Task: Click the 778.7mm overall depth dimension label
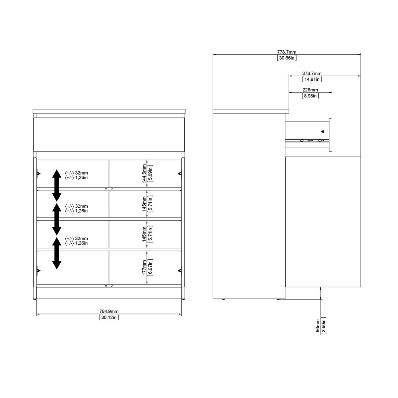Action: [x=287, y=52]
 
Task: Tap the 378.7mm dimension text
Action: [x=312, y=73]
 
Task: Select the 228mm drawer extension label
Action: [x=310, y=90]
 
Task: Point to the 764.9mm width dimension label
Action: [x=109, y=311]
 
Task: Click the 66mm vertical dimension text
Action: [x=318, y=325]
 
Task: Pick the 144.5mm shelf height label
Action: [x=144, y=173]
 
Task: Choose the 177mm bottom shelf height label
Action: [x=144, y=267]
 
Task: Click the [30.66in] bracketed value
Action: [x=287, y=58]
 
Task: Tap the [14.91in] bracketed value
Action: [x=312, y=79]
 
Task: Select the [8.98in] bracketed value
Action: [x=310, y=96]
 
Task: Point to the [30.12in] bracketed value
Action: [x=109, y=317]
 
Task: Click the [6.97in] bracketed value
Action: [x=150, y=267]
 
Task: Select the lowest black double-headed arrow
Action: [x=57, y=253]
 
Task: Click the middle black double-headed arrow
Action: [x=57, y=219]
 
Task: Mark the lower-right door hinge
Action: [x=180, y=271]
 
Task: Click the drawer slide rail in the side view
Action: [x=307, y=140]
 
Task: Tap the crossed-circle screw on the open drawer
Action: [x=323, y=132]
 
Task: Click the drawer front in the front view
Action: [x=109, y=134]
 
